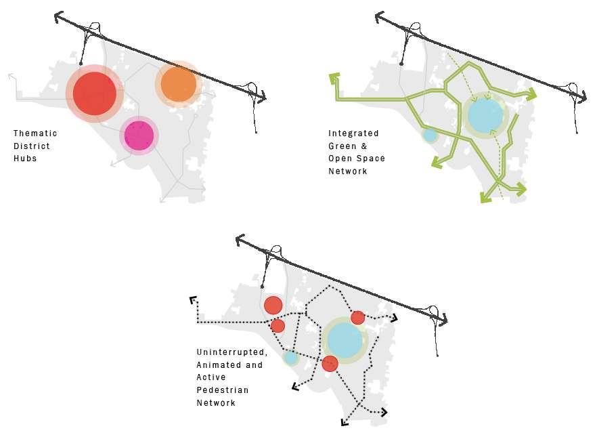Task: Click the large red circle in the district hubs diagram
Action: pyautogui.click(x=95, y=93)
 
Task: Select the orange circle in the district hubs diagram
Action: pyautogui.click(x=179, y=84)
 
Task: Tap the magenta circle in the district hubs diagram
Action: pyautogui.click(x=139, y=136)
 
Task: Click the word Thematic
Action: pyautogui.click(x=35, y=133)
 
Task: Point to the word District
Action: pyautogui.click(x=32, y=146)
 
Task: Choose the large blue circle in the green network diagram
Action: pyautogui.click(x=485, y=115)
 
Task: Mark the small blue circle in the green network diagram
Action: pyautogui.click(x=430, y=135)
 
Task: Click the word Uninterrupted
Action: pyautogui.click(x=232, y=353)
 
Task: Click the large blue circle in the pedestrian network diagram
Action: pyautogui.click(x=345, y=340)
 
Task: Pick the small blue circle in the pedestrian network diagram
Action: pyautogui.click(x=291, y=358)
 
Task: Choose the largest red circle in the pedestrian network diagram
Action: pyautogui.click(x=273, y=305)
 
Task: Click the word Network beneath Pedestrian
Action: pyautogui.click(x=216, y=402)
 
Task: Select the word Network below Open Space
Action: pyautogui.click(x=348, y=171)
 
